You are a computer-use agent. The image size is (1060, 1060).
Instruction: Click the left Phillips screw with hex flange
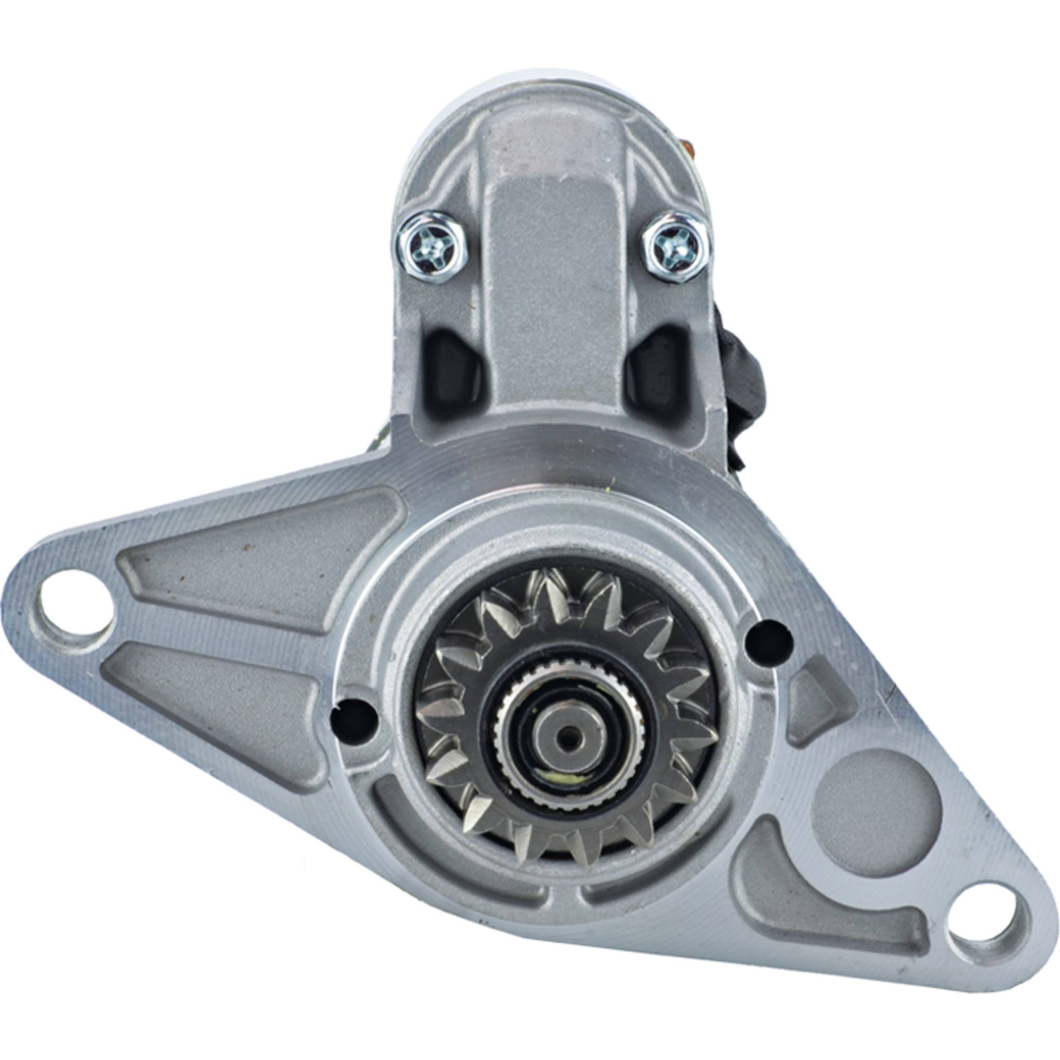tap(433, 248)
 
